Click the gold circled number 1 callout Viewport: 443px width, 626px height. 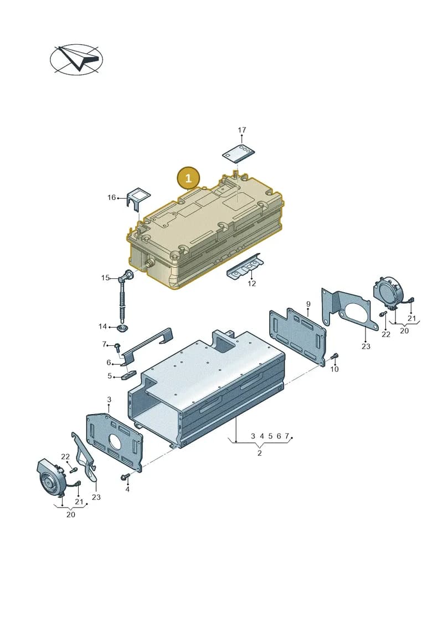188,178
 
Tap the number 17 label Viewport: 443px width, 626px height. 242,130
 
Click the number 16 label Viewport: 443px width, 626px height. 111,197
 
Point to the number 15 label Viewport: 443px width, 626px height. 105,277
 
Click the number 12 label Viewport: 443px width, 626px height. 251,283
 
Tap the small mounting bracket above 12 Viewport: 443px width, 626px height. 245,266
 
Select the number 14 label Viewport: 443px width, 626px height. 102,327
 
